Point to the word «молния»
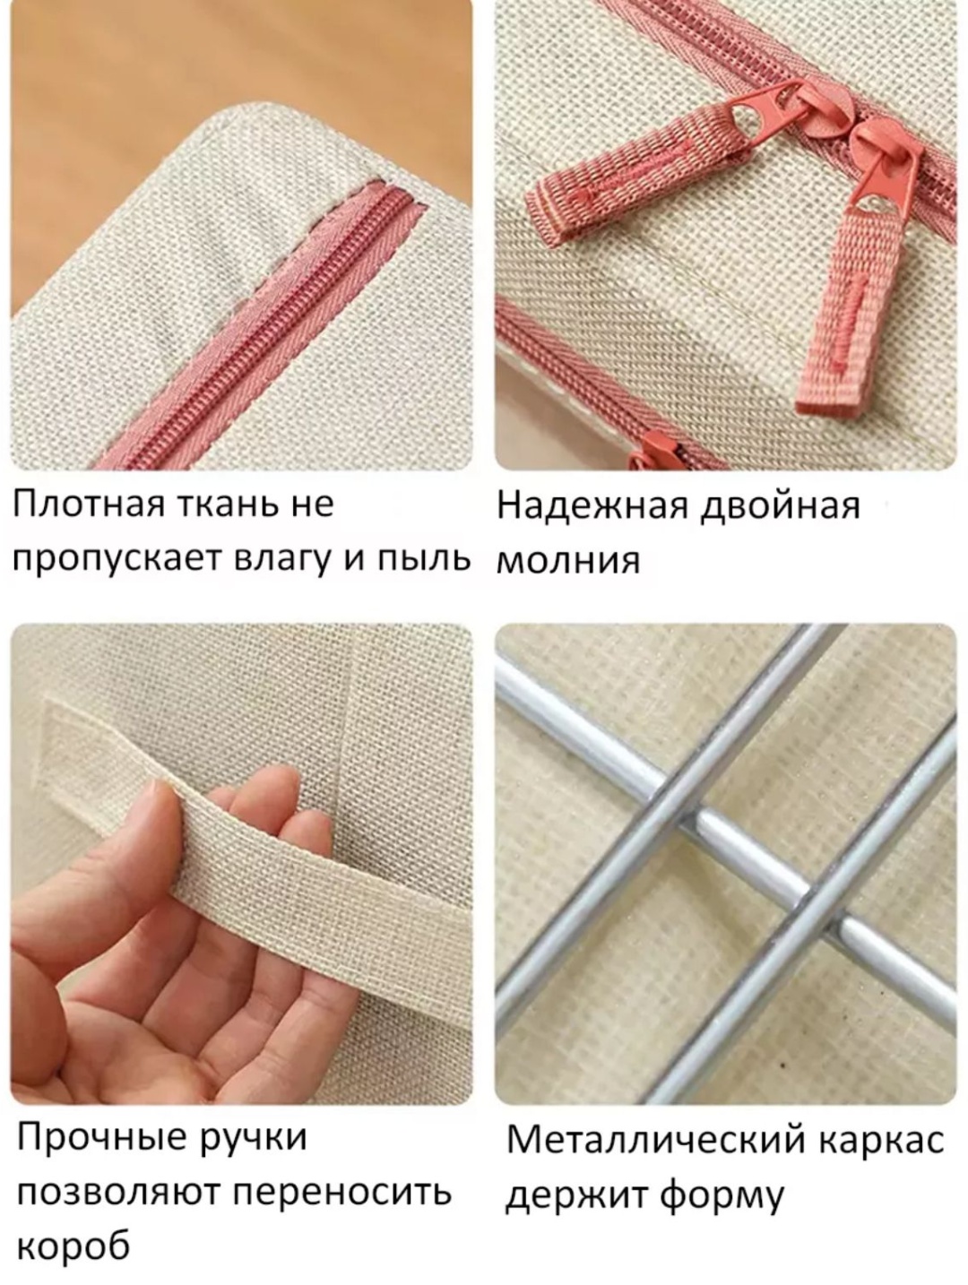[x=568, y=560]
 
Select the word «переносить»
[x=342, y=1191]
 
